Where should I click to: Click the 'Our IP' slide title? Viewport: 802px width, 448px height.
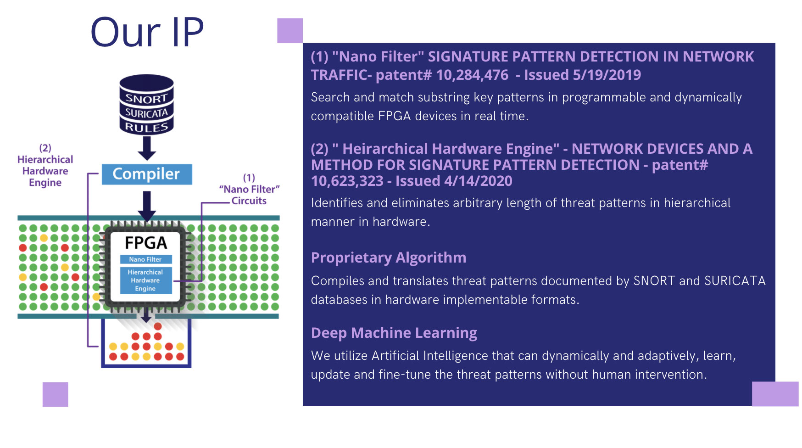pyautogui.click(x=147, y=32)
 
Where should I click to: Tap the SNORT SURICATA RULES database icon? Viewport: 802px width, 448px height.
pyautogui.click(x=147, y=105)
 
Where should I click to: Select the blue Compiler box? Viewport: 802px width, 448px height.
pyautogui.click(x=147, y=174)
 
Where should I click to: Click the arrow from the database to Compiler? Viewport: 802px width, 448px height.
pyautogui.click(x=147, y=148)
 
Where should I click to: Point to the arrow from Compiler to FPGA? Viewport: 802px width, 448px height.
pyautogui.click(x=147, y=206)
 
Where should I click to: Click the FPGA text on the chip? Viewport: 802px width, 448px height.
pyautogui.click(x=146, y=243)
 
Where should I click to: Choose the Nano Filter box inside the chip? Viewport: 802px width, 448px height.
pyautogui.click(x=146, y=259)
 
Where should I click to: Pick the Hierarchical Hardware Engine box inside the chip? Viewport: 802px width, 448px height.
pyautogui.click(x=146, y=280)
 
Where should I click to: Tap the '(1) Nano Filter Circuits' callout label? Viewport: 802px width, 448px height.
pyautogui.click(x=249, y=189)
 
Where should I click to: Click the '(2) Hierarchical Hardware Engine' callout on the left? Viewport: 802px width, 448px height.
pyautogui.click(x=45, y=165)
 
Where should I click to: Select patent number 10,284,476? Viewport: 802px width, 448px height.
pyautogui.click(x=472, y=75)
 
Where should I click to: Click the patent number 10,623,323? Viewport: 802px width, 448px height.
pyautogui.click(x=347, y=181)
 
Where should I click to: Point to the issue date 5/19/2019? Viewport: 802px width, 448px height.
pyautogui.click(x=607, y=75)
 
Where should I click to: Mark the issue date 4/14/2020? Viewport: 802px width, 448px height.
pyautogui.click(x=478, y=181)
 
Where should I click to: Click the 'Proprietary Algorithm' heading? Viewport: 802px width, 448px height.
pyautogui.click(x=389, y=258)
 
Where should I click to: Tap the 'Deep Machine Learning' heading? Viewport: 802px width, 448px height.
pyautogui.click(x=394, y=333)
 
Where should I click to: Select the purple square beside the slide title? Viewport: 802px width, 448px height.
pyautogui.click(x=290, y=31)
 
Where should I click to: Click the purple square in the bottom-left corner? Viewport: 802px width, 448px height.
pyautogui.click(x=56, y=394)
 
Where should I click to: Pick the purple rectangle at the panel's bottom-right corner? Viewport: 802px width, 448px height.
pyautogui.click(x=775, y=394)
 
